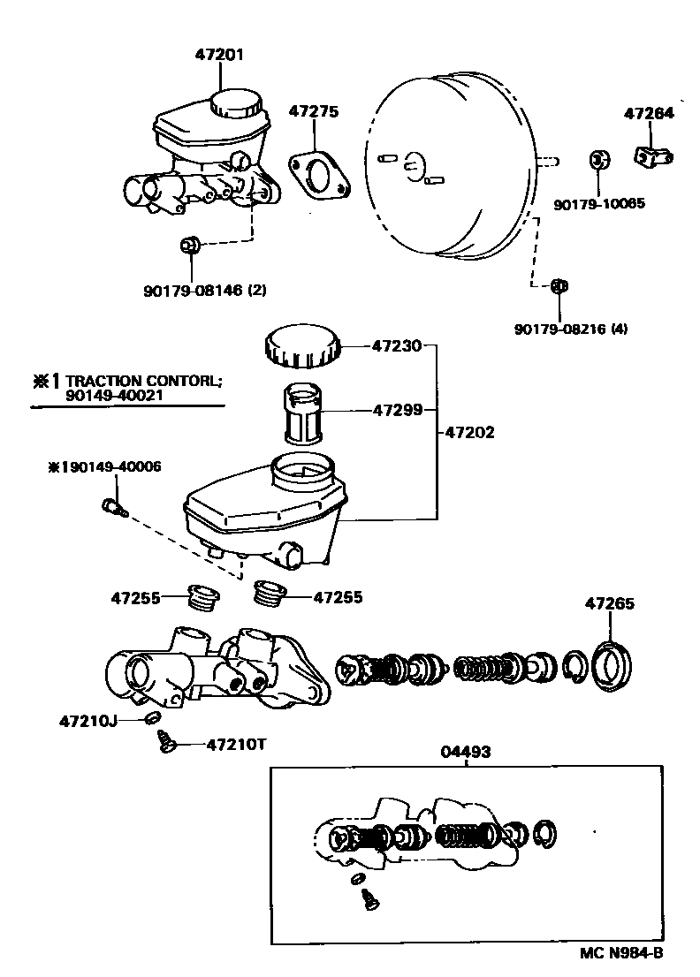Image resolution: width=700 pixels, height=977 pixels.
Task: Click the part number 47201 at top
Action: (x=219, y=55)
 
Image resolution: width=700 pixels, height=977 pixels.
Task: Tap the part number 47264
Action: (x=649, y=113)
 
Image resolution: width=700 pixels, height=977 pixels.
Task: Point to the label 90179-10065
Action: (x=599, y=204)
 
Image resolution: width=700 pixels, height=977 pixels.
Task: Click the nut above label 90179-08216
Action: (x=559, y=284)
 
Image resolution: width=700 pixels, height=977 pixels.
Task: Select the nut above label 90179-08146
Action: (x=189, y=246)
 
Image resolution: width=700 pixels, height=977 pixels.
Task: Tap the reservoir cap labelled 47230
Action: (x=301, y=346)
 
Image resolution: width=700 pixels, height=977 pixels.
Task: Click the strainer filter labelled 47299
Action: (x=306, y=412)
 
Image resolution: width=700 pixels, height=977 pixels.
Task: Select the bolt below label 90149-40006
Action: (x=112, y=506)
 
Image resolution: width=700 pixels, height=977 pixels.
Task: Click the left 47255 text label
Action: (x=135, y=598)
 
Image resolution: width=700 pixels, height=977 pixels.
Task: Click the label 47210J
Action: (x=88, y=721)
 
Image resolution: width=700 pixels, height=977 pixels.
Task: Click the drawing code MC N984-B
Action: (x=621, y=953)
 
